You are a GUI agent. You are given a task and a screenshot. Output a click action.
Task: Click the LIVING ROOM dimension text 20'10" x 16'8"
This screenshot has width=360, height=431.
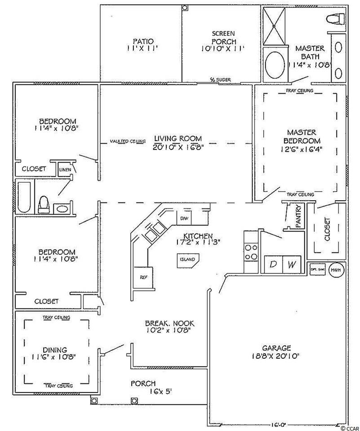click(x=178, y=147)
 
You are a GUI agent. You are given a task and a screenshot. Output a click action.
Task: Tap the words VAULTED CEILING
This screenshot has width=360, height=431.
click(x=128, y=141)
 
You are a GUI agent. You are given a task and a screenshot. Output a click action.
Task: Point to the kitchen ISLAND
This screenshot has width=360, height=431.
click(x=187, y=260)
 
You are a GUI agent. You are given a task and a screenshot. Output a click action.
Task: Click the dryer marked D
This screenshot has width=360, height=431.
click(x=272, y=264)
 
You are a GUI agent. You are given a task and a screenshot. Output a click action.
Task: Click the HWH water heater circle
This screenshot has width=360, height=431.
click(x=335, y=270)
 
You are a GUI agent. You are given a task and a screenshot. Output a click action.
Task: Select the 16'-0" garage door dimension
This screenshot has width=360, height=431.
click(x=277, y=423)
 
